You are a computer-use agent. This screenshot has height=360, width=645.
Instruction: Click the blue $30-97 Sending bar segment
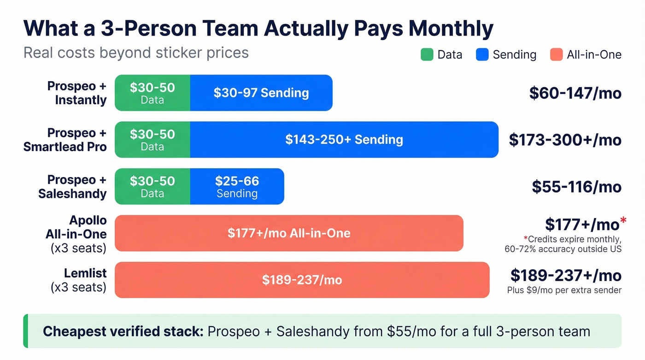(x=261, y=93)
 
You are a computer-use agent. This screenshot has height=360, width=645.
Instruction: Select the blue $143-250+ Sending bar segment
(x=344, y=140)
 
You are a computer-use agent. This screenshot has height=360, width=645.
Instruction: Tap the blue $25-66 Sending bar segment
(x=237, y=186)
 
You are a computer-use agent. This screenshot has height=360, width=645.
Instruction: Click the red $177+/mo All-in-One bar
(x=289, y=233)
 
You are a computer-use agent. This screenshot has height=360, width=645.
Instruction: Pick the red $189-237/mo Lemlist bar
(x=302, y=280)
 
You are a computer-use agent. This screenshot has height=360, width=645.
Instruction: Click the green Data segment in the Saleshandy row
(x=152, y=186)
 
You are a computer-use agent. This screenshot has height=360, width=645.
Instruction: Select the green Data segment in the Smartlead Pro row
(x=152, y=140)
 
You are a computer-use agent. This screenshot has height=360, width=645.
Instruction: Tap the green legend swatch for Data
(x=427, y=55)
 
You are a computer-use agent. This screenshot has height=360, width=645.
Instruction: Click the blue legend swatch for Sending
(x=482, y=55)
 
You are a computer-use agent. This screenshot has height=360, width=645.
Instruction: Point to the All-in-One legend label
(x=594, y=55)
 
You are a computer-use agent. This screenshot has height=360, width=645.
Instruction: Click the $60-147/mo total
(x=575, y=93)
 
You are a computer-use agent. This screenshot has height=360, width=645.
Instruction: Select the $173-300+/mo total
(x=565, y=140)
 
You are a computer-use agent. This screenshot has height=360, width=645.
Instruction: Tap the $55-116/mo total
(x=576, y=187)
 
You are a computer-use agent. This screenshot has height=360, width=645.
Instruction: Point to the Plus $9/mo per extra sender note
(x=564, y=290)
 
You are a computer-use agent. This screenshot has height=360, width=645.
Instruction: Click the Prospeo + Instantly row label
(x=77, y=93)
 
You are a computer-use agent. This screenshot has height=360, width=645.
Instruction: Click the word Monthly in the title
(x=451, y=29)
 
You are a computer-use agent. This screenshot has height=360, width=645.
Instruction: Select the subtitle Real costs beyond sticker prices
(x=136, y=53)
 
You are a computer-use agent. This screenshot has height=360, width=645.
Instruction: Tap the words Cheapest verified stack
(x=123, y=331)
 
